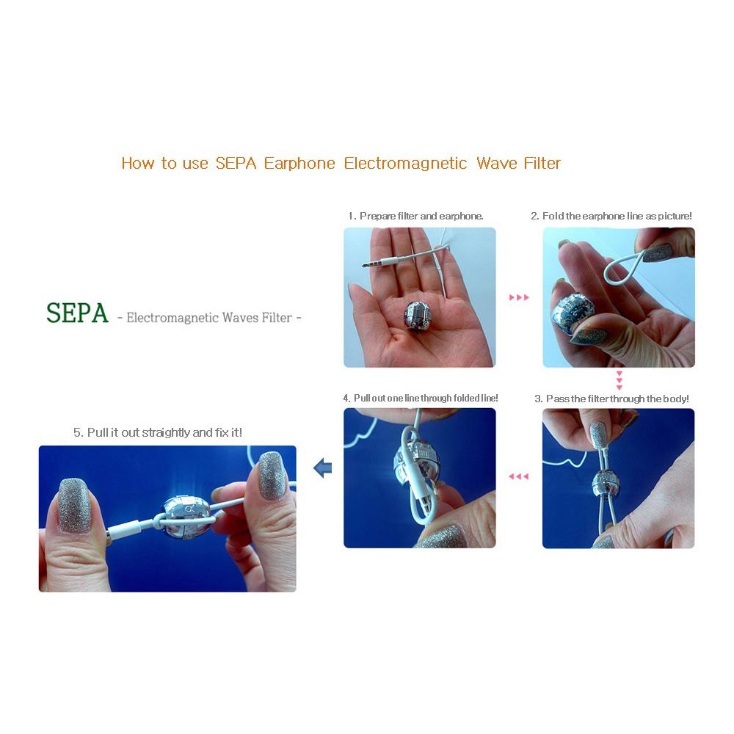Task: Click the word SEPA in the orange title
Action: (236, 163)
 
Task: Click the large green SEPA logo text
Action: (77, 313)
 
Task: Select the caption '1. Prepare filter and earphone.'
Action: (415, 217)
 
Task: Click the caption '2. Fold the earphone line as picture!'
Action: (611, 217)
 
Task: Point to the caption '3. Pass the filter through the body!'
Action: (611, 399)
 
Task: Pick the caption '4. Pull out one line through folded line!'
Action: (421, 398)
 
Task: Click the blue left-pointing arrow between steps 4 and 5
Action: (321, 468)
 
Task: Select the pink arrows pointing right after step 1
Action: (519, 298)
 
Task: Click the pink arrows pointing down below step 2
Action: (619, 380)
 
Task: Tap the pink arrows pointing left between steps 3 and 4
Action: (519, 477)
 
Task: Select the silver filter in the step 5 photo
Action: (187, 516)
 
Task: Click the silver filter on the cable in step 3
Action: (606, 484)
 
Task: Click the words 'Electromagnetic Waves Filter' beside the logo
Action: (209, 318)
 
